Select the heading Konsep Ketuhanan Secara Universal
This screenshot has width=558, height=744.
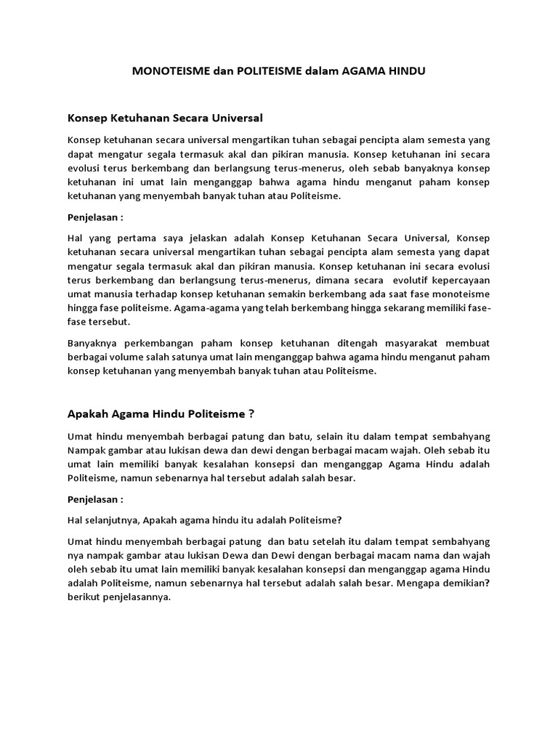click(165, 117)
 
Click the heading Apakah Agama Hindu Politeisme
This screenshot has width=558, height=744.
click(161, 414)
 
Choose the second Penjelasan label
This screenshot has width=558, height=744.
click(95, 500)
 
